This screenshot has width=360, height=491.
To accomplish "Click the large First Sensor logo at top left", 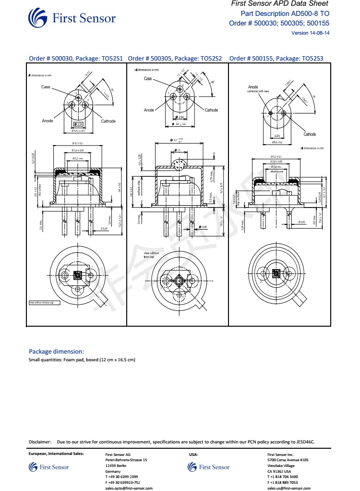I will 72,18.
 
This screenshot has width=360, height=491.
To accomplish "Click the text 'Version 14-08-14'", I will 311,33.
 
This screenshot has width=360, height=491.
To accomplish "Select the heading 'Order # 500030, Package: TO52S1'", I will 76,59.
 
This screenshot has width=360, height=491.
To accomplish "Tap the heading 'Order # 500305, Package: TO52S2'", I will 175,59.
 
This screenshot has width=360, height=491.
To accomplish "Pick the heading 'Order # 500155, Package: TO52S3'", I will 276,59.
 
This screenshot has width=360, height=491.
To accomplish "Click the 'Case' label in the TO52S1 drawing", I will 46,87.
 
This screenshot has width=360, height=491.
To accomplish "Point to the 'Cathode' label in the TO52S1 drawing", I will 108,121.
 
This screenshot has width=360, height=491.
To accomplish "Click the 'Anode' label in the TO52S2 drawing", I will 149,110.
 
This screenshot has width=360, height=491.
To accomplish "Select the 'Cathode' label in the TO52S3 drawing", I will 310,135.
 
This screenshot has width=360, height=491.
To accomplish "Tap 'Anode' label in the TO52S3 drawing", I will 253,87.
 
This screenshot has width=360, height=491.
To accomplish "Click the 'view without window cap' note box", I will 45,303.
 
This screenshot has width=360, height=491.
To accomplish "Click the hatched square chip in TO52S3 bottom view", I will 276,274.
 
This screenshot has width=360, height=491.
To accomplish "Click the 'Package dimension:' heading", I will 57,351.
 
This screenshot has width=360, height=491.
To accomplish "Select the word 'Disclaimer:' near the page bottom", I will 40,442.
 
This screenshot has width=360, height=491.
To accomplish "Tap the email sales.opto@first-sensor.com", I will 129,488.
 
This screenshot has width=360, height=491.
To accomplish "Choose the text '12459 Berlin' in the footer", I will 116,466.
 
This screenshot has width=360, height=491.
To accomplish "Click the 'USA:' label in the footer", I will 193,454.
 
